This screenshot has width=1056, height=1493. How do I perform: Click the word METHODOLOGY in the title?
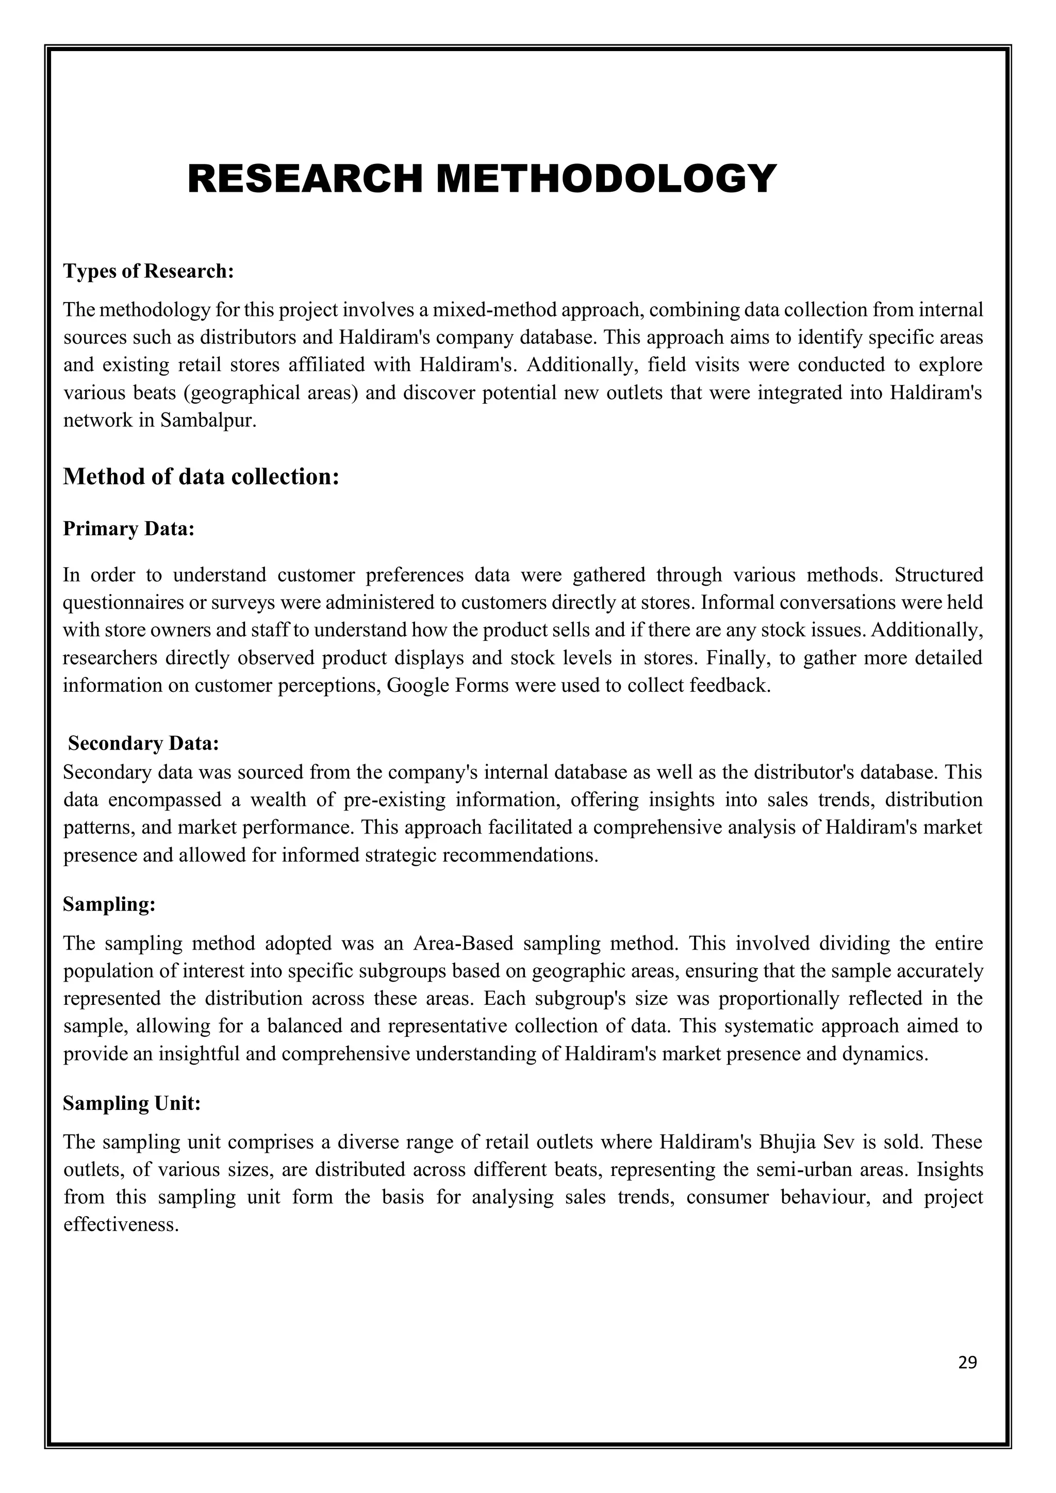[x=606, y=179]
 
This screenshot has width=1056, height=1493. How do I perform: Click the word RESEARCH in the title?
[x=305, y=179]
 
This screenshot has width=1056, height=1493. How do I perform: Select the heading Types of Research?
[x=148, y=271]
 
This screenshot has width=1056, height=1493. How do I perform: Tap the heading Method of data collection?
[x=201, y=477]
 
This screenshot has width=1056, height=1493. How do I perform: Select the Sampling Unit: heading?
[x=132, y=1103]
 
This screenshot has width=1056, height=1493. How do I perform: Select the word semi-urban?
[x=804, y=1170]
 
